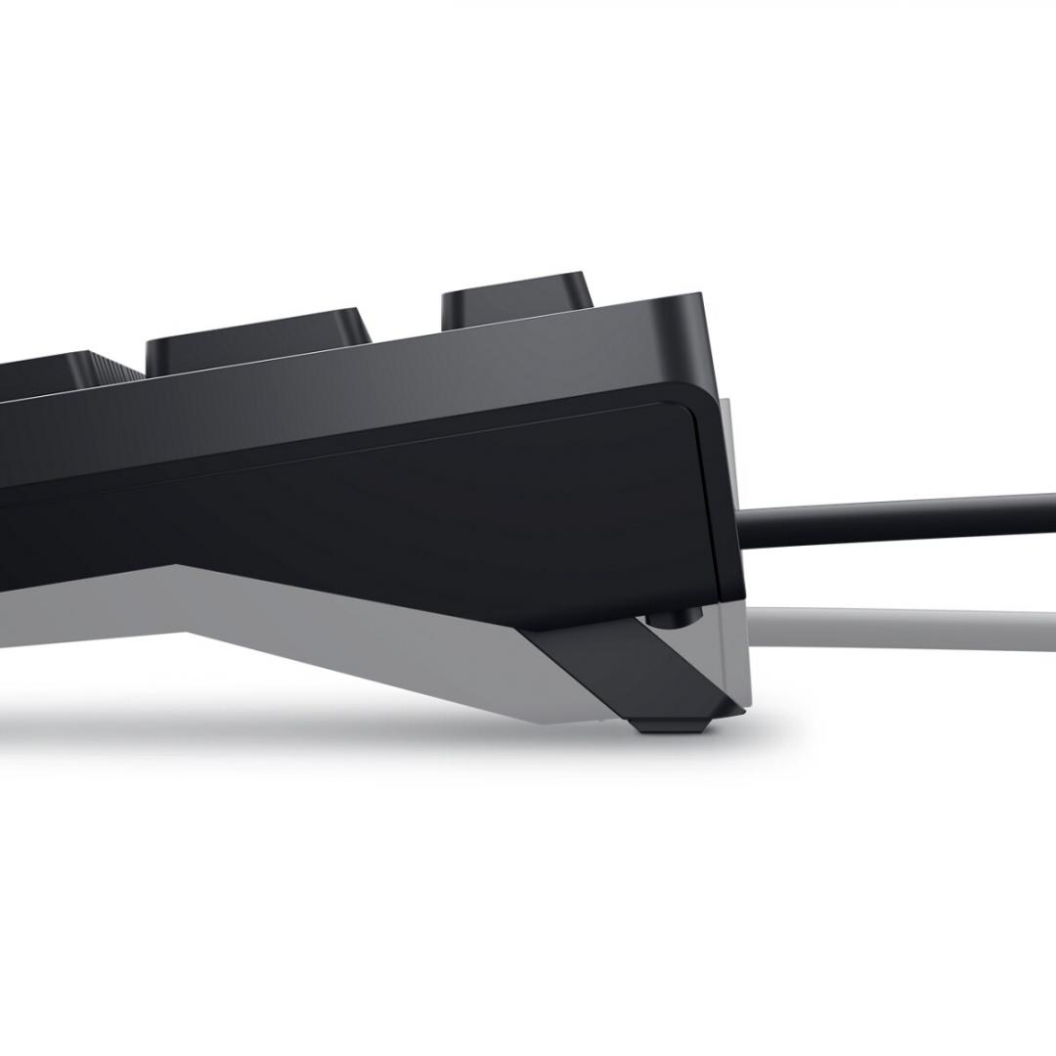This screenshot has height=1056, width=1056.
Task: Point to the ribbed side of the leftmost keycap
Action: point(119,370)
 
